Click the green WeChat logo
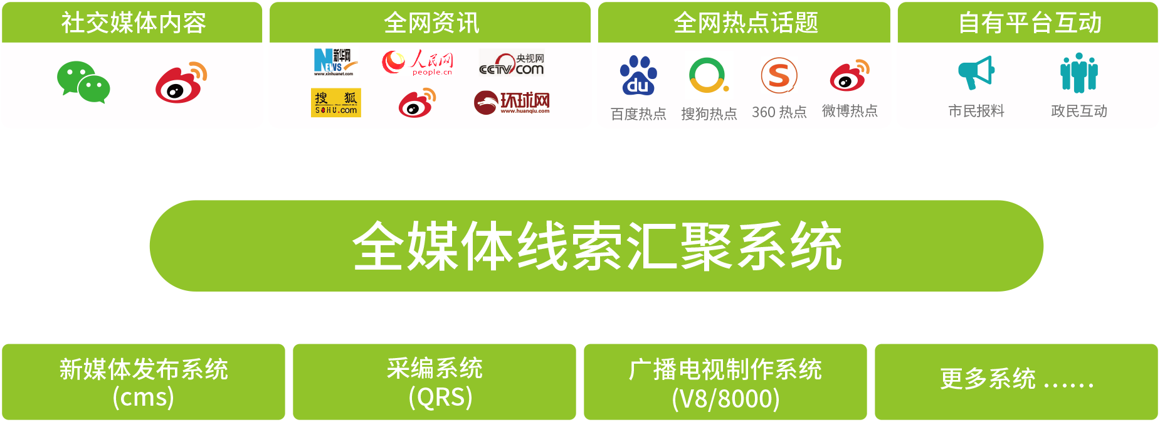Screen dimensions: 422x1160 click(x=83, y=82)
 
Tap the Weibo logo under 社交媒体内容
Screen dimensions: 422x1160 click(x=181, y=82)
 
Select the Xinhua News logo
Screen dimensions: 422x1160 click(x=335, y=62)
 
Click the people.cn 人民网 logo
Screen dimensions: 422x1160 click(x=417, y=63)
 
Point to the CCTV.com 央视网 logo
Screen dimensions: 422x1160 click(x=512, y=63)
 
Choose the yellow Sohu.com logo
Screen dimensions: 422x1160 click(x=336, y=102)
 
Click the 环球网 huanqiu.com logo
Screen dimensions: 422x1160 click(x=512, y=103)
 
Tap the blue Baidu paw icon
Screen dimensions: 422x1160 click(x=638, y=75)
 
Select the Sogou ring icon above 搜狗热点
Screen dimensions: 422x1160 click(x=708, y=75)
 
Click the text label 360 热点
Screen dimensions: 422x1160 click(x=779, y=112)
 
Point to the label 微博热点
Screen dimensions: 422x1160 click(x=850, y=111)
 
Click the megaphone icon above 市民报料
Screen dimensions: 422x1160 click(x=976, y=73)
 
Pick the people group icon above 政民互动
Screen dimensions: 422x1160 click(x=1078, y=73)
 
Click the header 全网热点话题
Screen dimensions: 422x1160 click(x=745, y=23)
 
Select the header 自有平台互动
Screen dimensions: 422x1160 click(x=1029, y=23)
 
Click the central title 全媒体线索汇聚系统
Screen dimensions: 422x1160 click(x=596, y=246)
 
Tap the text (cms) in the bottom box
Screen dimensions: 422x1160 click(x=143, y=398)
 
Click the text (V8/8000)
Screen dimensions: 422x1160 click(x=725, y=399)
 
